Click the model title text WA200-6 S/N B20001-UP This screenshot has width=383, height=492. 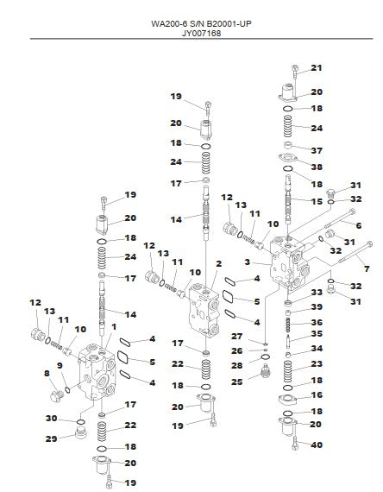pyautogui.click(x=201, y=24)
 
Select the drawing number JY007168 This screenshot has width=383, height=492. pyautogui.click(x=201, y=34)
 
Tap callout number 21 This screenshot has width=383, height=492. pyautogui.click(x=317, y=68)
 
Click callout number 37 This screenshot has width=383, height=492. pyautogui.click(x=317, y=150)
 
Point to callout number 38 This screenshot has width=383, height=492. pyautogui.click(x=317, y=167)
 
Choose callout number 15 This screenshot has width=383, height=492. pyautogui.click(x=317, y=201)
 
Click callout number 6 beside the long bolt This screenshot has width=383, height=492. pyautogui.click(x=359, y=225)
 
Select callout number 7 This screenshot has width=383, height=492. pyautogui.click(x=367, y=268)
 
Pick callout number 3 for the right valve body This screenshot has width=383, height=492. pyautogui.click(x=248, y=262)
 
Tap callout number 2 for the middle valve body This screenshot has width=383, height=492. pyautogui.click(x=218, y=263)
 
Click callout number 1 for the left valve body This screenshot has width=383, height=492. pyautogui.click(x=114, y=327)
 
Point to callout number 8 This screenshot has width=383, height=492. pyautogui.click(x=47, y=373)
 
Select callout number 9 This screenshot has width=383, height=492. pyautogui.click(x=60, y=366)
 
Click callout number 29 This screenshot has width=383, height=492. pyautogui.click(x=52, y=438)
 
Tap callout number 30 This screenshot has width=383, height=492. pyautogui.click(x=52, y=419)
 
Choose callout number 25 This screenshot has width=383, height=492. pyautogui.click(x=237, y=382)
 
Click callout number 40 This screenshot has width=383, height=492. pyautogui.click(x=317, y=445)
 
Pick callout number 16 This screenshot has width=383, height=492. pyautogui.click(x=317, y=394)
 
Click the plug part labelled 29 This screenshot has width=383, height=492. pyautogui.click(x=80, y=433)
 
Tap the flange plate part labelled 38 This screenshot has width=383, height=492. pyautogui.click(x=287, y=157)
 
